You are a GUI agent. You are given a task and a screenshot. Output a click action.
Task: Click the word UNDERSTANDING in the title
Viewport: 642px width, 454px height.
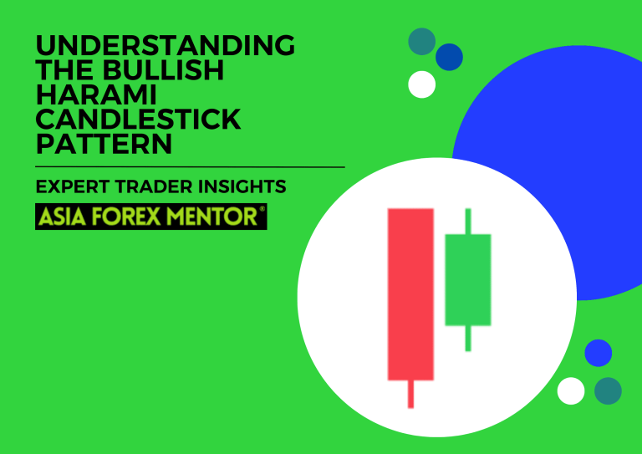coord(165,46)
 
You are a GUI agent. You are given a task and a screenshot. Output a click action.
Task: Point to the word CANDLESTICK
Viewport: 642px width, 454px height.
coord(138,120)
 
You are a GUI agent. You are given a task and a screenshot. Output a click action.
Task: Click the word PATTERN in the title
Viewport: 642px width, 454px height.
coord(104,144)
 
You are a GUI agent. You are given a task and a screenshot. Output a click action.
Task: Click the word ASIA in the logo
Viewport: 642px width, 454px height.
coord(62,217)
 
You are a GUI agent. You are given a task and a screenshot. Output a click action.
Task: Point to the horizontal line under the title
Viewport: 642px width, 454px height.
coord(190,167)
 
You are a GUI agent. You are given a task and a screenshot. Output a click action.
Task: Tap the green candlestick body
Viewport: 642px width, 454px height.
coord(467,279)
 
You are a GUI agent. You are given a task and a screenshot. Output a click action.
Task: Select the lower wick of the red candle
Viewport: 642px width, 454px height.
coord(410,394)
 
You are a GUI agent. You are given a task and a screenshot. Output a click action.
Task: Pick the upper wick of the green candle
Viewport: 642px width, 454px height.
coord(467,222)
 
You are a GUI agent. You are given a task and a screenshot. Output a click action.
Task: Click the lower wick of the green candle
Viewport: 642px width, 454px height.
coord(467,338)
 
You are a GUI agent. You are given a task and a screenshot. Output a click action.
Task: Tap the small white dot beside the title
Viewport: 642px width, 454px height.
coord(422,84)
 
